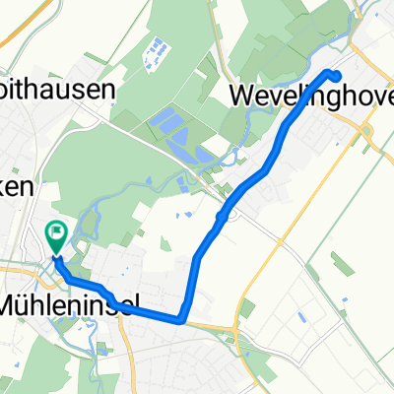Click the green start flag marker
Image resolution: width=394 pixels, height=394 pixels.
(x=56, y=235)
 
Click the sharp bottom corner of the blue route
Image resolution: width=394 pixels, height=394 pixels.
(x=183, y=317)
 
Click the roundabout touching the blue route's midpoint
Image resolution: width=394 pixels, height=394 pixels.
(x=227, y=216)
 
